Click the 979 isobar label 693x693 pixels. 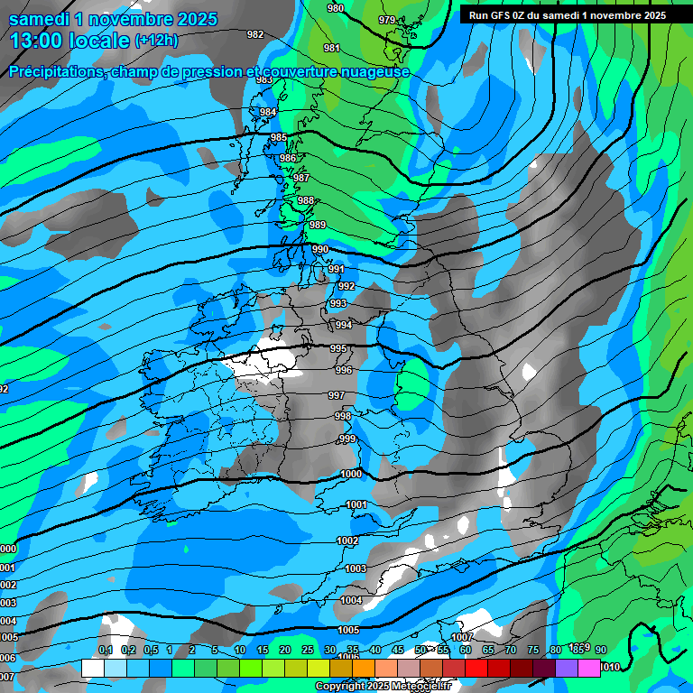point(387,20)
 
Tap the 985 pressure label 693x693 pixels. point(279,138)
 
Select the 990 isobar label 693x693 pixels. point(320,249)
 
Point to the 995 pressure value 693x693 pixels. point(338,348)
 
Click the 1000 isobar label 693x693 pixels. point(351,474)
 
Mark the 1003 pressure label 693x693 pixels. point(356,568)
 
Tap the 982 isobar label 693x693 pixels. point(255,34)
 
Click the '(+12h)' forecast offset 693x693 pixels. point(156,41)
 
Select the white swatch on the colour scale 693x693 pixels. point(92,668)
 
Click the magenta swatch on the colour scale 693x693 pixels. point(588,668)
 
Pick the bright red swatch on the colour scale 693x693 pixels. point(476,668)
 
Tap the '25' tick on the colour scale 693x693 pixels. point(307,651)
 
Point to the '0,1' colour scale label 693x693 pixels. point(105,651)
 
